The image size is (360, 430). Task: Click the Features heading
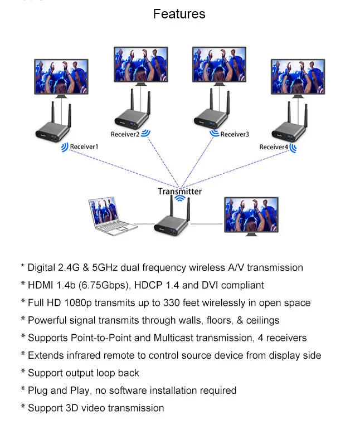pyautogui.click(x=179, y=14)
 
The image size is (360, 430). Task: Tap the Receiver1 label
pyautogui.click(x=84, y=146)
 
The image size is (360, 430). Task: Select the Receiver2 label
pyautogui.click(x=125, y=134)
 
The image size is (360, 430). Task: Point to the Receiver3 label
pyautogui.click(x=235, y=134)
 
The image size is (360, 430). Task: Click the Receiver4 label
pyautogui.click(x=274, y=147)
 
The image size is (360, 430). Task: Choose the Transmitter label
pyautogui.click(x=180, y=191)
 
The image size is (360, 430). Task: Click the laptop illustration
pyautogui.click(x=113, y=216)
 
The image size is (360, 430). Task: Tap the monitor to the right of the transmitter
pyautogui.click(x=251, y=216)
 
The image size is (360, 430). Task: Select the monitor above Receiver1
pyautogui.click(x=61, y=78)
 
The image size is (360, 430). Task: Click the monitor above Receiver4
pyautogui.click(x=298, y=78)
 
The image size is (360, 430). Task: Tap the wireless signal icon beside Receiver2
pyautogui.click(x=145, y=133)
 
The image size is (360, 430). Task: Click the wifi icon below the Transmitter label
pyautogui.click(x=180, y=198)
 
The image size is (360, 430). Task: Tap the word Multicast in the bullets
pyautogui.click(x=180, y=338)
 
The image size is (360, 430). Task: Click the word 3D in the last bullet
pyautogui.click(x=72, y=408)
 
